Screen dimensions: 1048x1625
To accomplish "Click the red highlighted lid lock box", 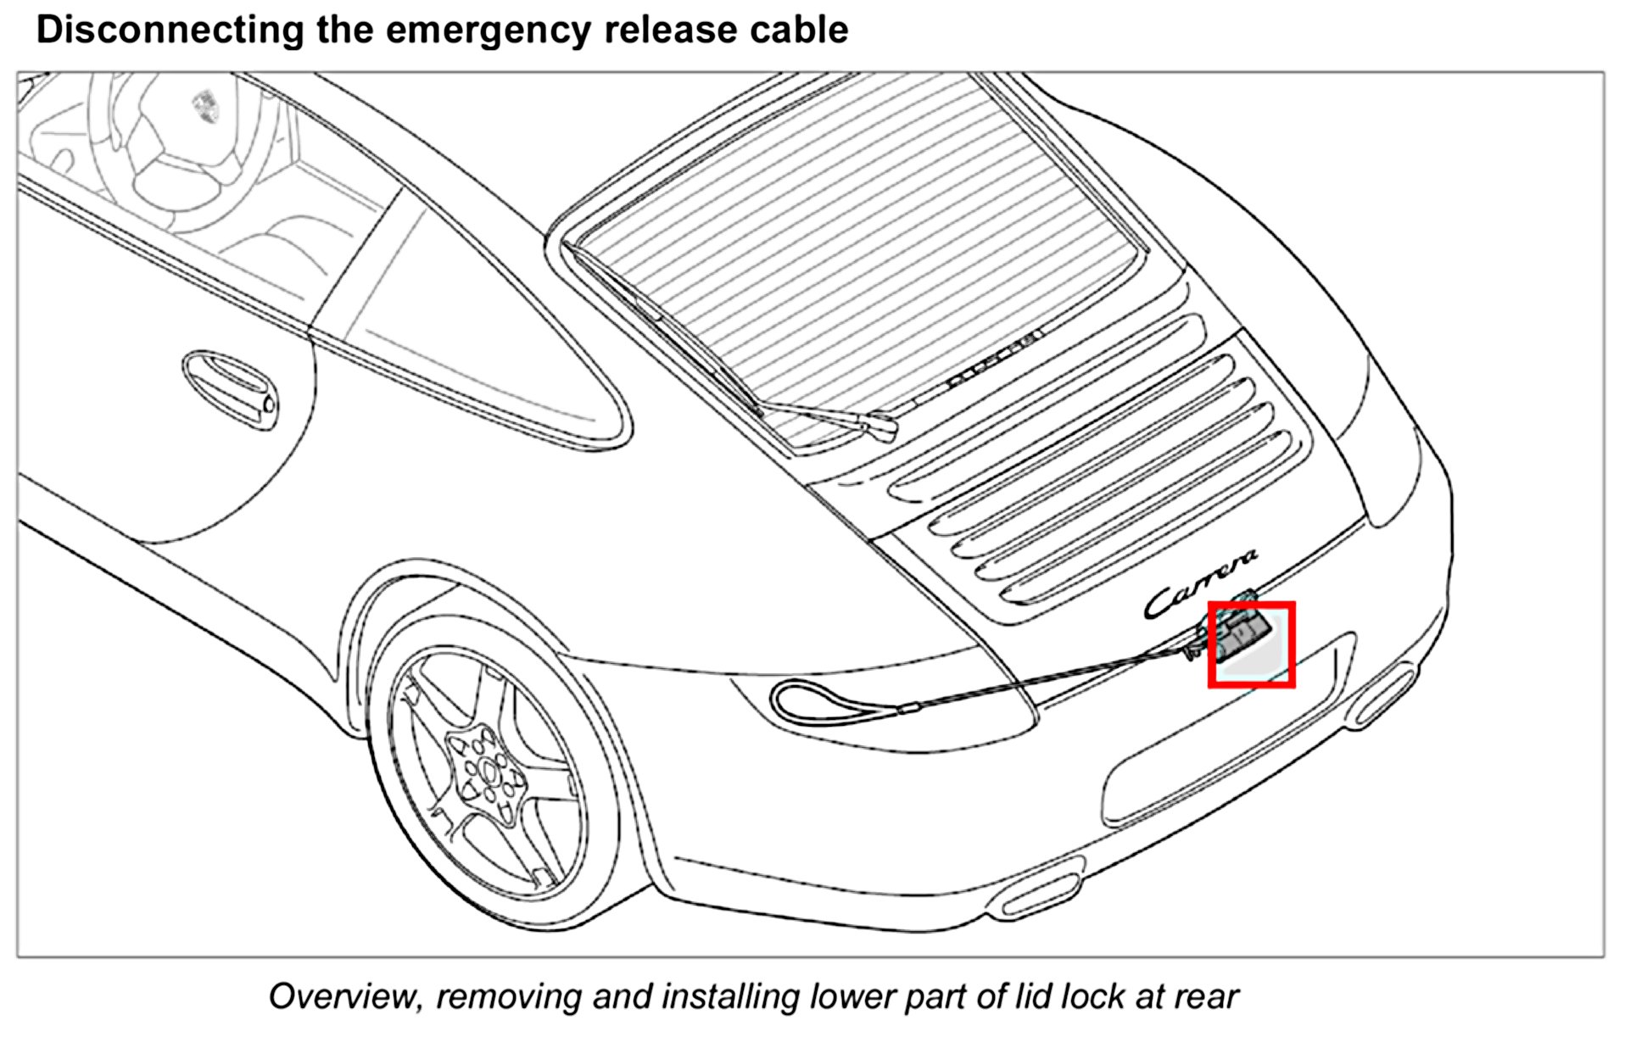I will [x=1251, y=644].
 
